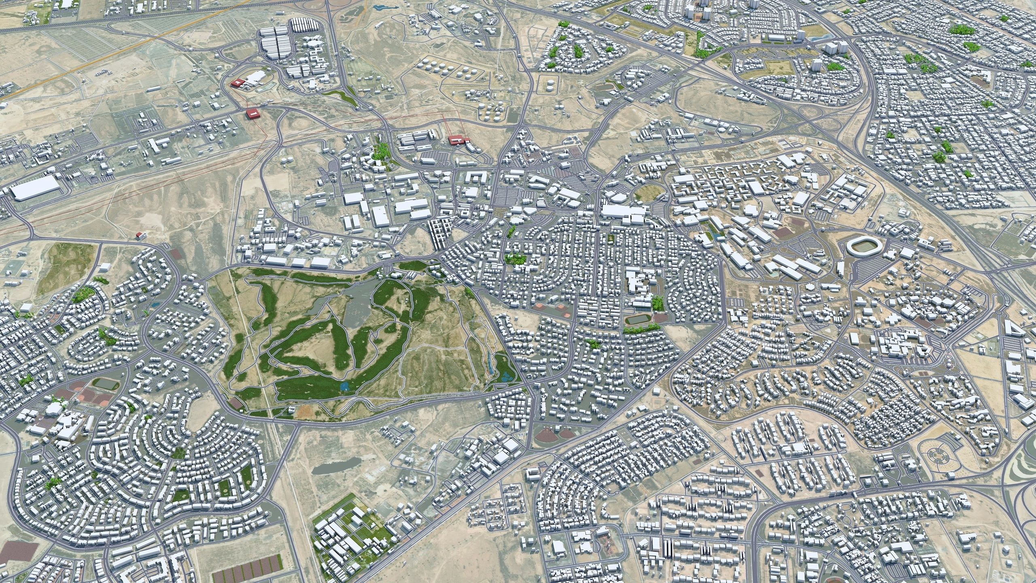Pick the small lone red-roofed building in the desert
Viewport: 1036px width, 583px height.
[x=140, y=234]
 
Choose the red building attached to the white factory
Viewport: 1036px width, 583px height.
[x=236, y=83]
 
